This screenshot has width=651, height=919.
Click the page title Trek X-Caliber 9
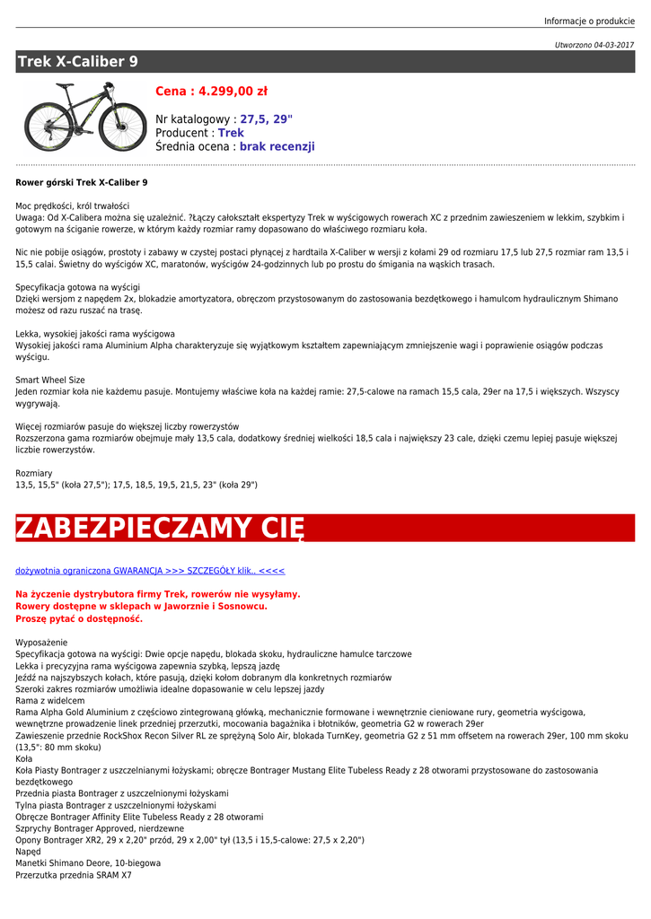click(x=78, y=62)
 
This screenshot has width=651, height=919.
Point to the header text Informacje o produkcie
click(x=589, y=21)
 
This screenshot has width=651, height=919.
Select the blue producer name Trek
click(x=231, y=133)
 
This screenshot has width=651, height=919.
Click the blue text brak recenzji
click(x=277, y=146)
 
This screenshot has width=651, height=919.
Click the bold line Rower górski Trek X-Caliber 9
click(x=82, y=182)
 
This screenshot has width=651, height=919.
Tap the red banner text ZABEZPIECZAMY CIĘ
click(x=160, y=528)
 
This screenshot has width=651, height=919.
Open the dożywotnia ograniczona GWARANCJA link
click(x=150, y=570)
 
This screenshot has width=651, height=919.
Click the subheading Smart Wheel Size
click(x=50, y=380)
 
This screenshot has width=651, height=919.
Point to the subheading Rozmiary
click(x=34, y=473)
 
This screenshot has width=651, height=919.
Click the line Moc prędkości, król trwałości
click(x=73, y=206)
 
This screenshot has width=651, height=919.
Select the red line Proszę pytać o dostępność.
click(x=79, y=618)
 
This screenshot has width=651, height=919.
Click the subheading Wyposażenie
click(x=41, y=643)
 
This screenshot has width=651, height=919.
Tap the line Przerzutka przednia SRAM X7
click(x=74, y=875)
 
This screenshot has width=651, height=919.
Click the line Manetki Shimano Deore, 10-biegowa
click(x=88, y=863)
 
